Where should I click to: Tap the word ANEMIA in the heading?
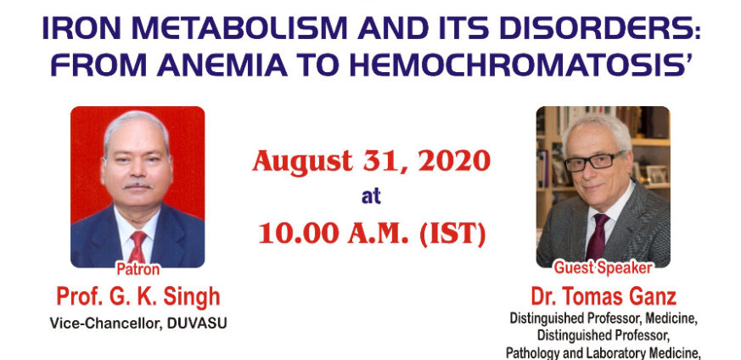click(x=222, y=66)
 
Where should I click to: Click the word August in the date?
click(x=302, y=162)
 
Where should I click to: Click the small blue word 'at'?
click(x=371, y=196)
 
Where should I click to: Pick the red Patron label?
click(x=138, y=269)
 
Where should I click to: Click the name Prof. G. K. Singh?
click(x=138, y=296)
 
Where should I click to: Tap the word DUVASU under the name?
click(x=197, y=323)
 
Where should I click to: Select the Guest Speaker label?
click(x=603, y=268)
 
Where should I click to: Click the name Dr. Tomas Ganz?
click(x=603, y=296)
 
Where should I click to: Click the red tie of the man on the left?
click(x=138, y=246)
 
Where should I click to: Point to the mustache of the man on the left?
click(x=138, y=186)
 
